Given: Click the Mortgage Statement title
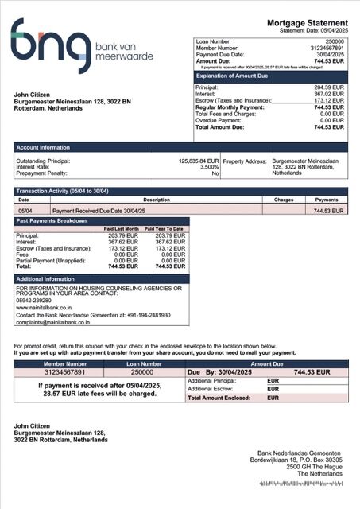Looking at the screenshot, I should coord(308,23).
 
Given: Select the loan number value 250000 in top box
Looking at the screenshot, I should coord(335,40).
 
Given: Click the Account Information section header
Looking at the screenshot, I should coord(43,147).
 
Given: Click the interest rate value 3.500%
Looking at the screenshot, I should coord(208,167).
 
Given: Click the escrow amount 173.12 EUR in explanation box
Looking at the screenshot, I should coord(328,101).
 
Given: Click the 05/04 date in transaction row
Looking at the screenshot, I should coord(25,212).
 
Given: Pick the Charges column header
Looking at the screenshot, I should coord(284,200).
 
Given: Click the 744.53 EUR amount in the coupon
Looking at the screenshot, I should coord(312,372).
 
